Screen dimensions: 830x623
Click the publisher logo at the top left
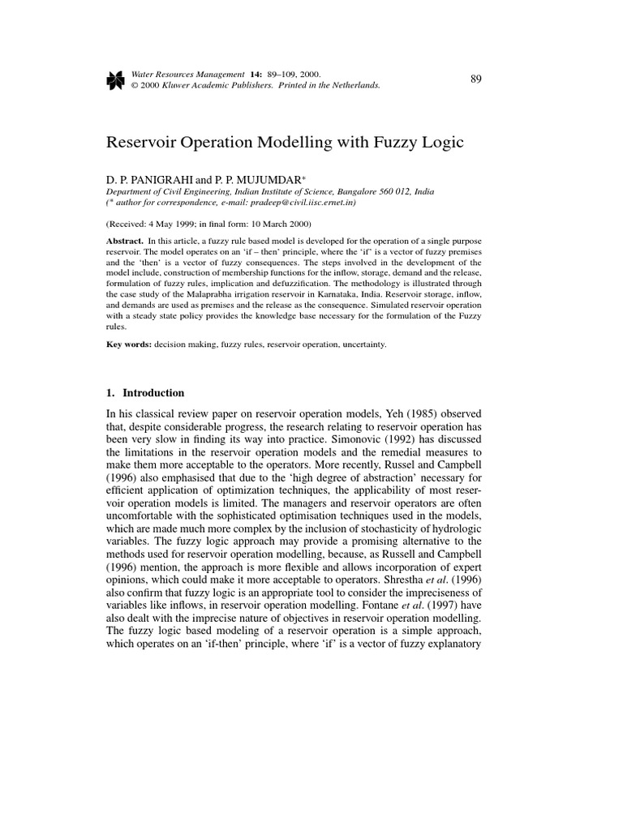[x=115, y=79]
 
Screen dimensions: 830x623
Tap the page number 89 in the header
[x=476, y=79]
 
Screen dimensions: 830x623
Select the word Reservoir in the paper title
[x=142, y=143]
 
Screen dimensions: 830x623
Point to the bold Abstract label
[x=123, y=242]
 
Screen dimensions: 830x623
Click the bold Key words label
[x=128, y=344]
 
